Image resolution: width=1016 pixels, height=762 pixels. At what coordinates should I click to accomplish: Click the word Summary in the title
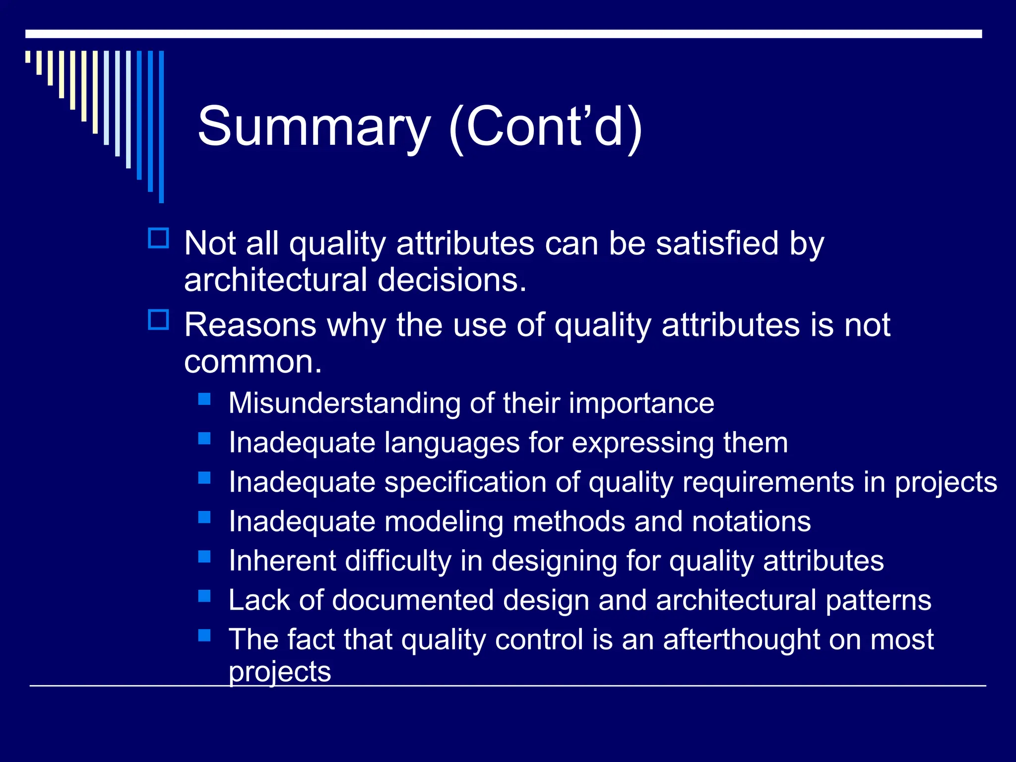click(x=314, y=127)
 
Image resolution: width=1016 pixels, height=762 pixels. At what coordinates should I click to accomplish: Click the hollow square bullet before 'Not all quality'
click(x=159, y=238)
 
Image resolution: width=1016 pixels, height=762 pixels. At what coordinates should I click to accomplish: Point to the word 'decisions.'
click(x=452, y=280)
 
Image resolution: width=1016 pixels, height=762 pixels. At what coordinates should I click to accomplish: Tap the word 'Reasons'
click(x=250, y=325)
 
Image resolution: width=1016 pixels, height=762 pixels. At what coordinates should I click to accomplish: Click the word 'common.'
click(x=253, y=362)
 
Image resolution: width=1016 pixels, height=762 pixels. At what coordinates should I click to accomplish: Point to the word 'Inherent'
click(x=282, y=561)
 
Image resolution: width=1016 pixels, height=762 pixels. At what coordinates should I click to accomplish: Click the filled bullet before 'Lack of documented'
click(x=204, y=596)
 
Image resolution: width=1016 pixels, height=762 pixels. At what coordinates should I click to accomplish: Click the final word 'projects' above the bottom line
click(x=279, y=672)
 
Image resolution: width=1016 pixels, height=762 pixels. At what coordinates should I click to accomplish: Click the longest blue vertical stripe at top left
click(x=161, y=127)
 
